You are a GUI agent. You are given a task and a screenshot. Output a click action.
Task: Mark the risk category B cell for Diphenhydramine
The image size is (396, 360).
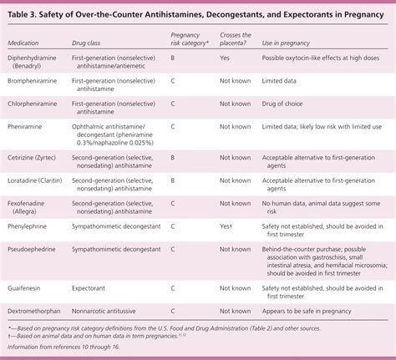[x=173, y=59]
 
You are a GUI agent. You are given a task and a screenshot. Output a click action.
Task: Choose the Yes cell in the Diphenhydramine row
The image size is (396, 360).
[x=225, y=59]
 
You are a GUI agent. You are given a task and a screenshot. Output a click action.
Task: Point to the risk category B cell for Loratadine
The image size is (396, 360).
[x=173, y=179]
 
